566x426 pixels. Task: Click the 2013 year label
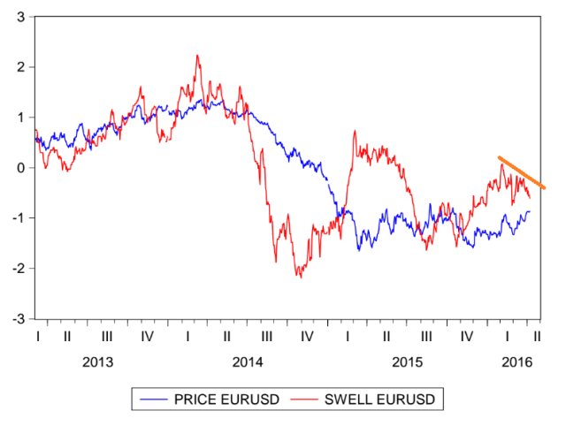click(x=97, y=362)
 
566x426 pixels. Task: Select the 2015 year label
click(x=408, y=362)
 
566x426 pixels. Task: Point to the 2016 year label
click(x=516, y=362)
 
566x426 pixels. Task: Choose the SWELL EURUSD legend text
click(x=382, y=400)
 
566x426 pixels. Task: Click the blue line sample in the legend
click(x=157, y=400)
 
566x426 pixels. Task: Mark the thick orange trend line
click(x=522, y=172)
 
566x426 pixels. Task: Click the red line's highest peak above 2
click(x=197, y=56)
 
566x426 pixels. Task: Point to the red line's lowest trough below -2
click(x=300, y=277)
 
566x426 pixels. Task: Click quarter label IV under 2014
click(x=307, y=337)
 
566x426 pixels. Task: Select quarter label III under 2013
click(x=107, y=337)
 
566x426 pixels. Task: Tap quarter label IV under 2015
click(x=467, y=337)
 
